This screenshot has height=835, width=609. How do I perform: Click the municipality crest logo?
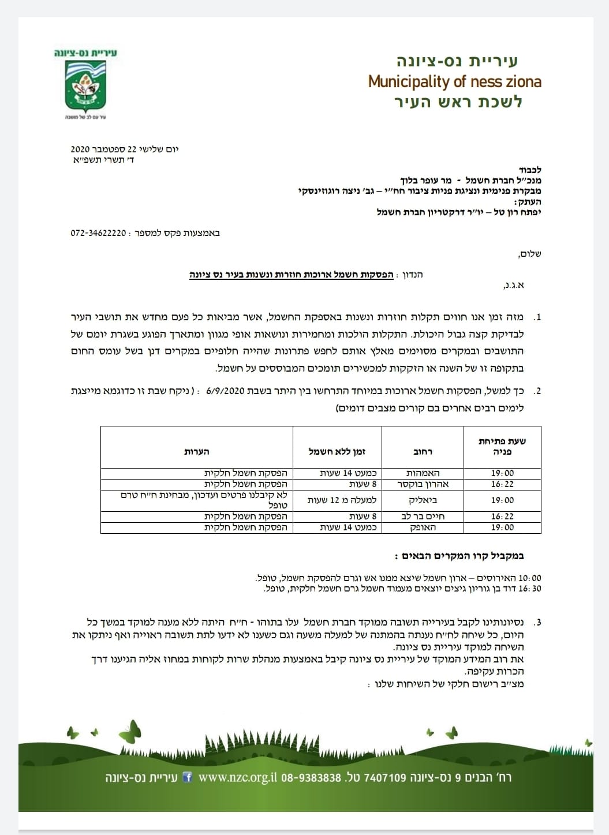[85, 85]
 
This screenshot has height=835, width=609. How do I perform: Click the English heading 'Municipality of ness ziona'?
[454, 81]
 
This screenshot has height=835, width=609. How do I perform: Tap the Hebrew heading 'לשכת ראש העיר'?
[458, 102]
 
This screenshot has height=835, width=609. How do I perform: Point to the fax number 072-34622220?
[98, 233]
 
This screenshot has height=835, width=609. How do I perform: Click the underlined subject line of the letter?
[292, 275]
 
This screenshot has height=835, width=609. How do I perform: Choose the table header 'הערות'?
[196, 451]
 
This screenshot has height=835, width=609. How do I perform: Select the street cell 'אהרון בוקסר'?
[424, 484]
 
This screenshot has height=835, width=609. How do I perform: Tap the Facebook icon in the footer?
[187, 777]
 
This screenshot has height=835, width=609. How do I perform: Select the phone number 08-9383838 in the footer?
[311, 777]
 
